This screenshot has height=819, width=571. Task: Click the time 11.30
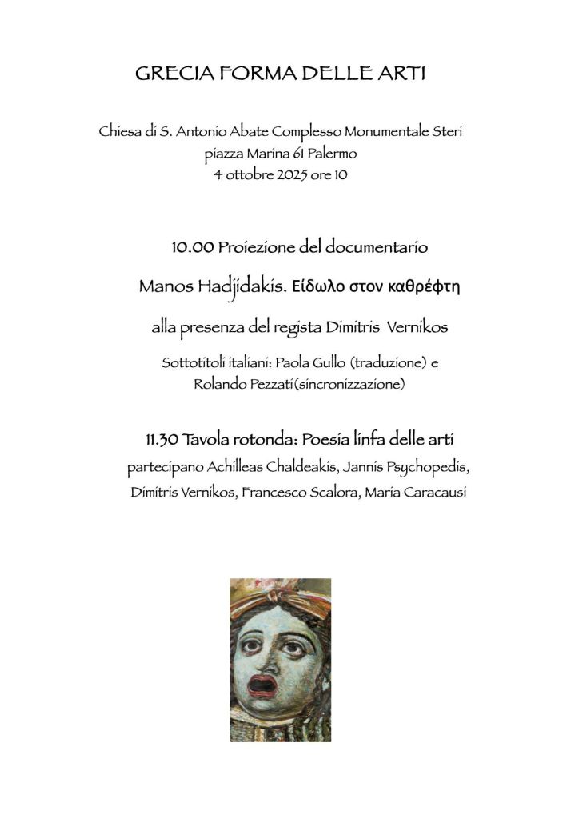coord(162,440)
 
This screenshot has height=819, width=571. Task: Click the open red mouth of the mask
coord(262,685)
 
